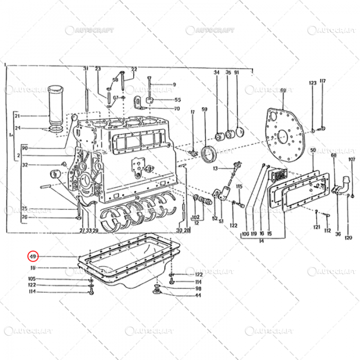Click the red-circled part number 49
32,256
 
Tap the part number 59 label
204,109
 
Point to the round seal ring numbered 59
208,154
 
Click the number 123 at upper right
313,83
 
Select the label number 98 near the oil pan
198,289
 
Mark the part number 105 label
32,279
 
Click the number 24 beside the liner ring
17,128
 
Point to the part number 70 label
177,109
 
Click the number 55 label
177,100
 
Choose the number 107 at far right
352,159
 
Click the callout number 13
216,168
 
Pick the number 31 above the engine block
86,69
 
